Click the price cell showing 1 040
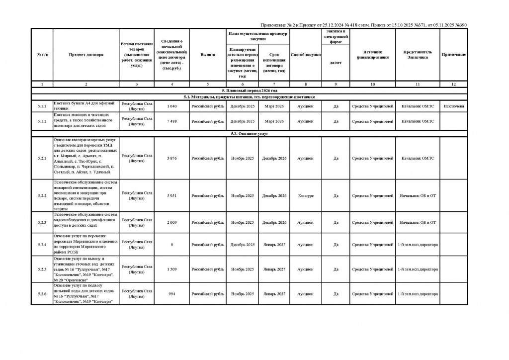click(171, 106)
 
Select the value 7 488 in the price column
click(171, 121)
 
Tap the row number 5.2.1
click(42, 158)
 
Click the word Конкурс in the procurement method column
click(305, 196)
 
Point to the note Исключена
click(454, 106)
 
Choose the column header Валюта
click(207, 54)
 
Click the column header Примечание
click(454, 54)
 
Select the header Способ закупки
click(305, 54)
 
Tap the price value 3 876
click(171, 158)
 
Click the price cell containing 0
click(171, 245)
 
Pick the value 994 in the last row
click(171, 294)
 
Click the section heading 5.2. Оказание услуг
click(249, 134)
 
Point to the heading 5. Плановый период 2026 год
click(249, 90)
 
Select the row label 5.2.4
click(42, 245)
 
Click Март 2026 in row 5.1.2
click(274, 121)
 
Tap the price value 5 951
click(171, 196)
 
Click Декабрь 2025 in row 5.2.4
click(243, 245)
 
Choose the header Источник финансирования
click(372, 54)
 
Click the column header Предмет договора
click(86, 54)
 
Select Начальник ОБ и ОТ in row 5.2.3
click(418, 222)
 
